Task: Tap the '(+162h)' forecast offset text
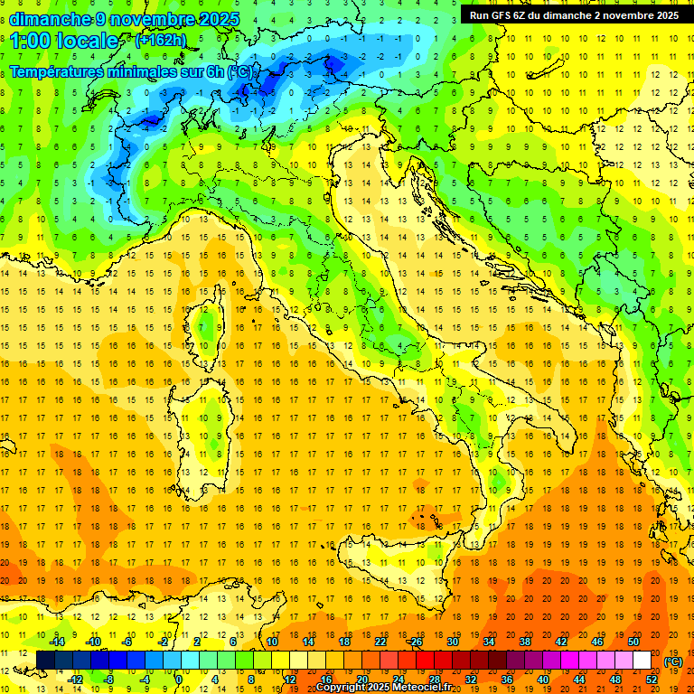coord(160,40)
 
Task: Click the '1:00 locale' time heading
coord(63,41)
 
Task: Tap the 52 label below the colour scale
coord(652,680)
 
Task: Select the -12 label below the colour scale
coord(75,680)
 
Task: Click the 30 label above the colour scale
coord(453,641)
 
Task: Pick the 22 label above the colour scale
coord(380,641)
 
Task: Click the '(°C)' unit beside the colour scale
coord(674,661)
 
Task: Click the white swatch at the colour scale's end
coord(642,661)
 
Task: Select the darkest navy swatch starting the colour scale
coord(46,661)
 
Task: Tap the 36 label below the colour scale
coord(507,680)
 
